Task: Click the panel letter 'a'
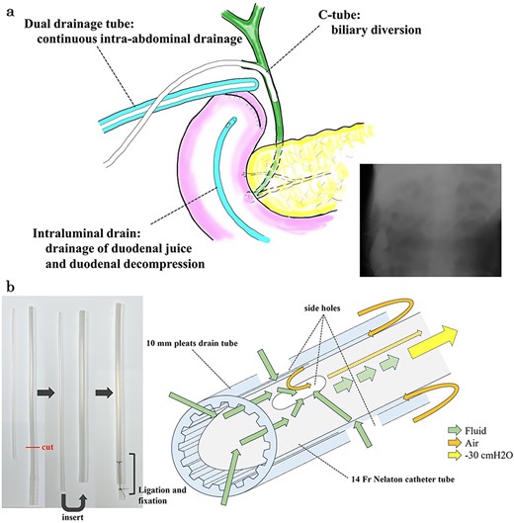tap(8, 10)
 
